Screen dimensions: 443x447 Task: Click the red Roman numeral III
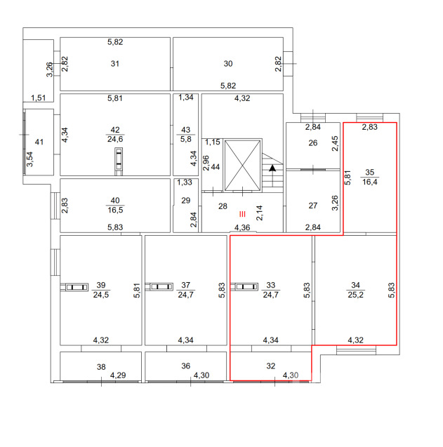tap(242, 214)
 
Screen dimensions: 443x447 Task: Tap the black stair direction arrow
tap(272, 168)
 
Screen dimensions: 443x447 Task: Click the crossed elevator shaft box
tap(242, 166)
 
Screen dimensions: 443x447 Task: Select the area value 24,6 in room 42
tap(115, 139)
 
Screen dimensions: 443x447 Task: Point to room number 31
tap(115, 64)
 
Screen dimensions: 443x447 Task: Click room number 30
tap(228, 64)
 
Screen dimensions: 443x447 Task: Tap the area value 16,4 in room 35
tap(370, 182)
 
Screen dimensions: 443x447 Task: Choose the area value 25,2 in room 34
tap(355, 295)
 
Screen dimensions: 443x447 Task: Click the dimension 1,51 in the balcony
tap(38, 98)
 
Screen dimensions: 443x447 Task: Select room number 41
tap(39, 142)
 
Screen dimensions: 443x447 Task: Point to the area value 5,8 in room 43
tap(186, 139)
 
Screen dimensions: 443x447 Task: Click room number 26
tap(313, 143)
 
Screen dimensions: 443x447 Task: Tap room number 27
tap(313, 206)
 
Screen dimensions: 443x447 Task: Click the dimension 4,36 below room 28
tap(242, 227)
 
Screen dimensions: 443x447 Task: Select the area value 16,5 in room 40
tap(115, 210)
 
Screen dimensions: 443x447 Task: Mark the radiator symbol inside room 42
tap(119, 161)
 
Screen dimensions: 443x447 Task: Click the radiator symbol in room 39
tap(74, 287)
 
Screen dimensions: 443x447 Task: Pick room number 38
tap(101, 366)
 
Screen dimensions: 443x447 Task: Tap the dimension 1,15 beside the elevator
tap(213, 142)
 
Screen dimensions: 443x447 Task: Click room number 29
tap(186, 201)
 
